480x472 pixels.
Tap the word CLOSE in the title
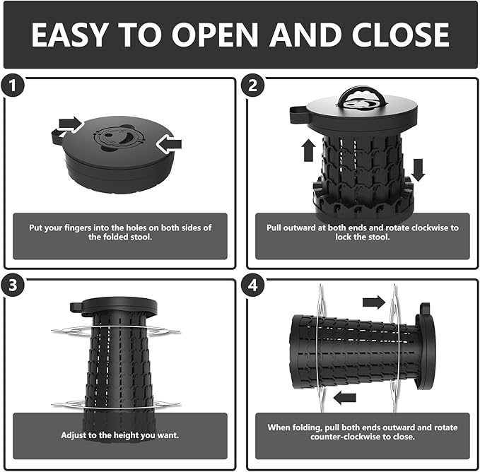(x=401, y=34)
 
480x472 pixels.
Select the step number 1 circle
(x=12, y=85)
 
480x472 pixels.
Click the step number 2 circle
(x=252, y=85)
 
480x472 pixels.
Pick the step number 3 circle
(x=12, y=285)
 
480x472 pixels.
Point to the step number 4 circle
(x=252, y=285)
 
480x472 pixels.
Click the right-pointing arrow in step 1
(x=71, y=124)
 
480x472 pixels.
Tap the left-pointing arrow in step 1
(x=169, y=143)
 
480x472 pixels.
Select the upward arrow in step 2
(x=308, y=150)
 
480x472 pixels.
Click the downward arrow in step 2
(x=418, y=170)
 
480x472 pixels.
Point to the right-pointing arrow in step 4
(x=374, y=302)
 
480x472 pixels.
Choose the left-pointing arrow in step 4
(x=345, y=398)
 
